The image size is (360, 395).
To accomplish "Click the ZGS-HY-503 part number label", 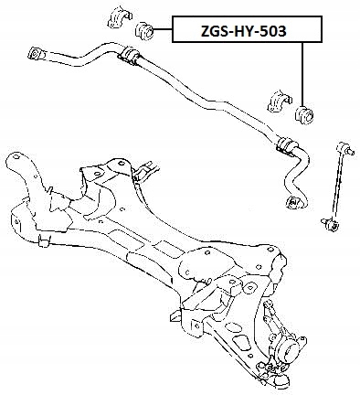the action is pos(243,31).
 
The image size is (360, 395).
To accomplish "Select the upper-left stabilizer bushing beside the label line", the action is pos(143,30).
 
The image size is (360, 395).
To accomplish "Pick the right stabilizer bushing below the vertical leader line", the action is pos(304,115).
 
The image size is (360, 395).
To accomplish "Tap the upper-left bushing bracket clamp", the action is pos(120,16).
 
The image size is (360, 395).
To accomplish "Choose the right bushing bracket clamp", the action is pos(280,101).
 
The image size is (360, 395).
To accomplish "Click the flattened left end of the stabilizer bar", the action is pos(36,53).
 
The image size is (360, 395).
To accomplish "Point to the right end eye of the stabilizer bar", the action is pos(293,202).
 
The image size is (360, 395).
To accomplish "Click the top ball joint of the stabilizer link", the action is pos(345,148).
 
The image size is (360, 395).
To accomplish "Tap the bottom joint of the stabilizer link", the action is pos(331,225).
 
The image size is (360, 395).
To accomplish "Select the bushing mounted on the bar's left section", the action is pos(129,55).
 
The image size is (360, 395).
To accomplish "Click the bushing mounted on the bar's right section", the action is pos(286,144).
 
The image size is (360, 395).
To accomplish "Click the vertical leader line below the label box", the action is pos(302,74).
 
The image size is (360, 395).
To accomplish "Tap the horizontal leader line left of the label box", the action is pos(162,29).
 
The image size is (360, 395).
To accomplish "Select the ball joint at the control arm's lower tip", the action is pos(281,378).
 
